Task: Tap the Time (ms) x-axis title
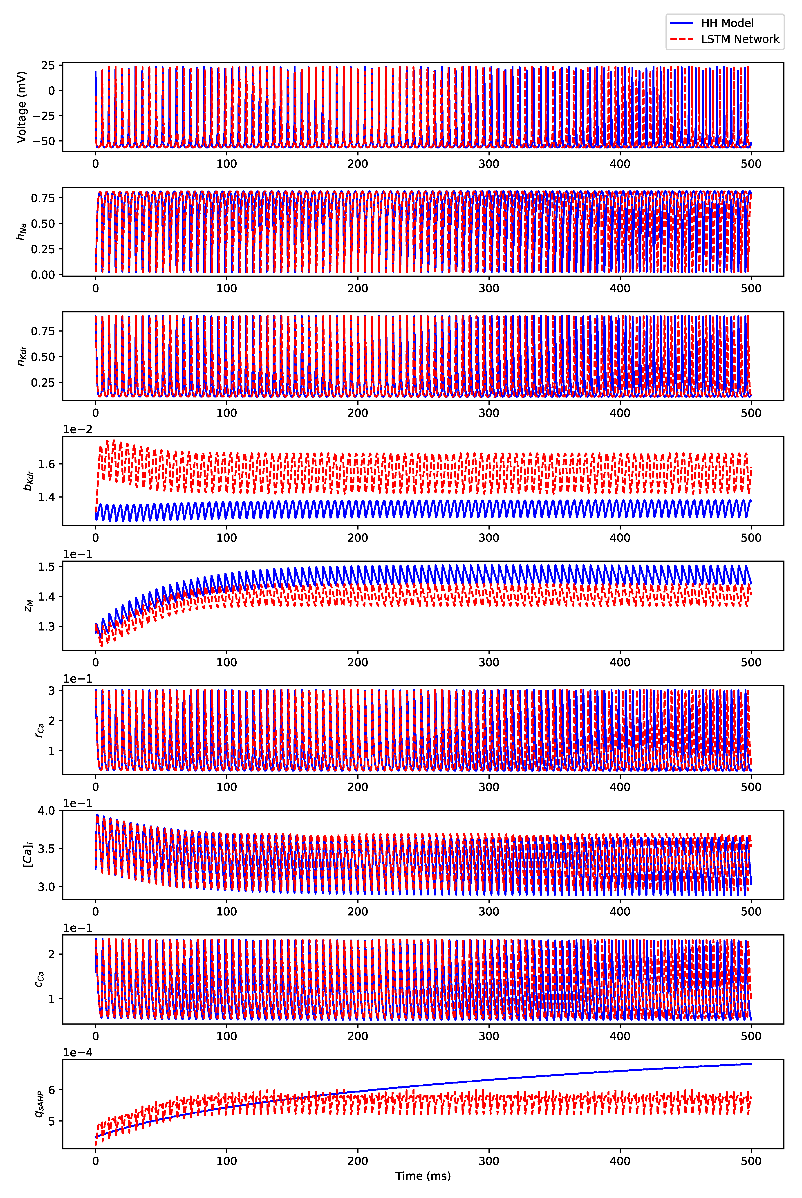423,1176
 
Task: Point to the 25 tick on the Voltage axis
48,65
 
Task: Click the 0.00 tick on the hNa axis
43,275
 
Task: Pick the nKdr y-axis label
22,356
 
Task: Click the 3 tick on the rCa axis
52,691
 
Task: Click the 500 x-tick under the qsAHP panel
751,1161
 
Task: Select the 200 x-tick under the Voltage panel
358,164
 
